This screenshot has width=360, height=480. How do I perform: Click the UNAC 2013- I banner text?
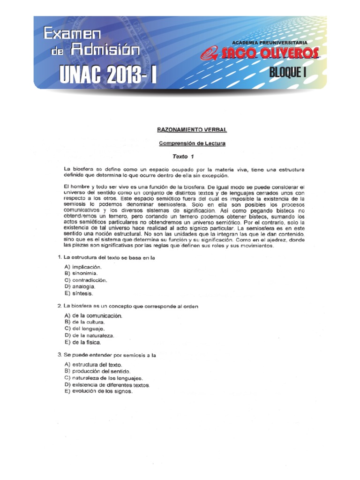(x=108, y=75)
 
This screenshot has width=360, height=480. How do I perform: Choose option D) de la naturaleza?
(x=90, y=336)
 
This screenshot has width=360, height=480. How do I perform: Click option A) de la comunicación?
(x=93, y=315)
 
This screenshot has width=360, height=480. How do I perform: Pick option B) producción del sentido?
(x=94, y=371)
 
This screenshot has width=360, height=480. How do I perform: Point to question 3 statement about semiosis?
(x=110, y=355)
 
